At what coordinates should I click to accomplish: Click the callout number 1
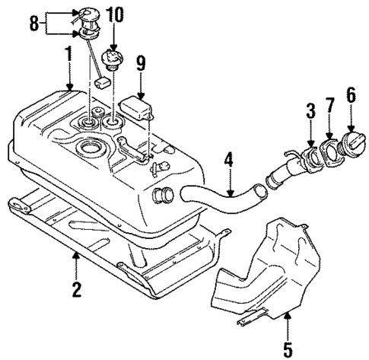[69, 54]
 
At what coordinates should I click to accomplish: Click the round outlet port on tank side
[162, 197]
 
